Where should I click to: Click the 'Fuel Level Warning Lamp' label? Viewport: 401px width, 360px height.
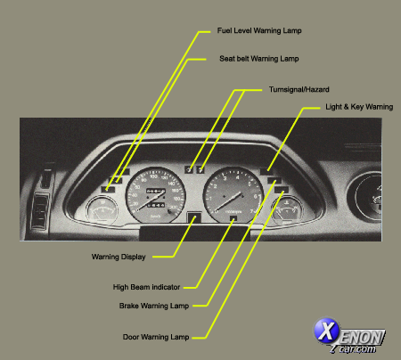point(259,30)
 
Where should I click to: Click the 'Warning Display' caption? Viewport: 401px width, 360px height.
point(119,257)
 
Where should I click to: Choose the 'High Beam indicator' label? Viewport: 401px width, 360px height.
point(147,287)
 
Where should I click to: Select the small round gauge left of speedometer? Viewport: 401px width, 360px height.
point(100,215)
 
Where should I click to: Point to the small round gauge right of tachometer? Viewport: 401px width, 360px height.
point(288,215)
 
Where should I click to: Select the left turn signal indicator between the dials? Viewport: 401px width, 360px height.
point(189,168)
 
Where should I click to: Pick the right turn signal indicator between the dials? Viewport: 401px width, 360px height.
point(201,168)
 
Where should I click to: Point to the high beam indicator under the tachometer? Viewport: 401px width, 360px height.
point(233,217)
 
